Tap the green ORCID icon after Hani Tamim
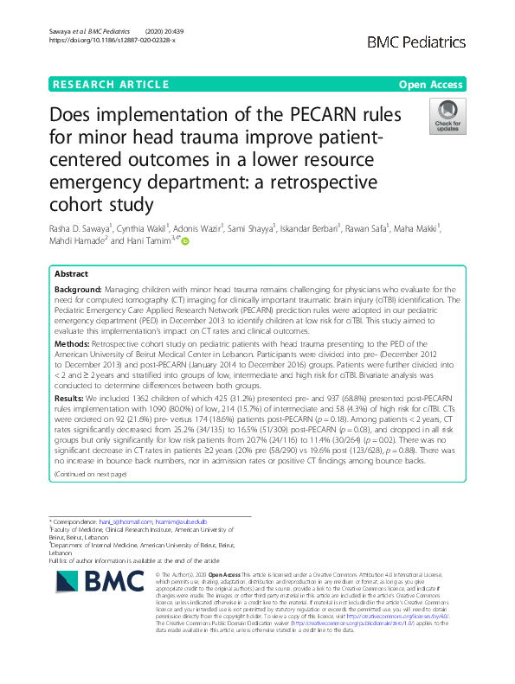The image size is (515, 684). (x=184, y=242)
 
